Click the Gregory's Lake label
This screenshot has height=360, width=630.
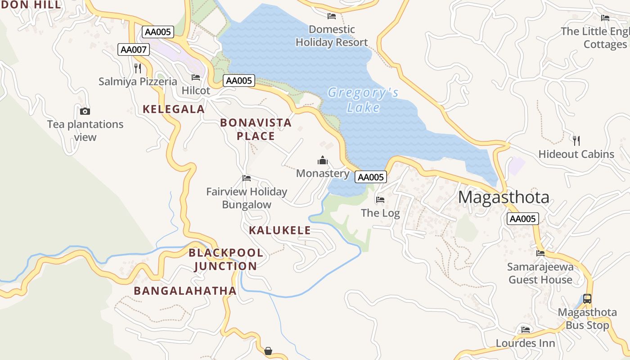(x=363, y=100)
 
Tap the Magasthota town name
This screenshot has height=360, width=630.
(x=504, y=197)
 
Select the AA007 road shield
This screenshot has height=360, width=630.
(x=134, y=49)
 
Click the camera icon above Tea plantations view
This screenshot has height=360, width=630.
(x=85, y=111)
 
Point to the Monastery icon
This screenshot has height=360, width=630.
(x=323, y=160)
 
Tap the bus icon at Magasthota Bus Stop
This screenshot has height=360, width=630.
(x=587, y=298)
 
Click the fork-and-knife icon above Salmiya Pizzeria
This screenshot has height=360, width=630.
(x=138, y=68)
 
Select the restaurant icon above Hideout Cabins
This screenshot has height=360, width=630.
(x=576, y=140)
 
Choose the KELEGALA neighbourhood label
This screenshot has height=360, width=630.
(x=174, y=109)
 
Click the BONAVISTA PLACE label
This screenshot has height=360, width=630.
(x=256, y=129)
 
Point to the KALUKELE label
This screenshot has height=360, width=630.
(x=280, y=230)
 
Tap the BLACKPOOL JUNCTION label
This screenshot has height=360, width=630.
(x=226, y=259)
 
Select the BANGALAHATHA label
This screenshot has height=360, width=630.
(x=185, y=291)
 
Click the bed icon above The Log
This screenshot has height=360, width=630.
(x=380, y=199)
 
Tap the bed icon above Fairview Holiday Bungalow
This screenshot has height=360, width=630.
(x=247, y=178)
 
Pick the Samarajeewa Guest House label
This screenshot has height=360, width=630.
(x=540, y=273)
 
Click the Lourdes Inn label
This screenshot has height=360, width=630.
(x=525, y=343)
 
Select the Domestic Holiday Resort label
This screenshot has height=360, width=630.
(x=332, y=36)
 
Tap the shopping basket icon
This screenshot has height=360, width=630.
(x=268, y=351)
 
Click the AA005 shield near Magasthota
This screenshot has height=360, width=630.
(x=522, y=219)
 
